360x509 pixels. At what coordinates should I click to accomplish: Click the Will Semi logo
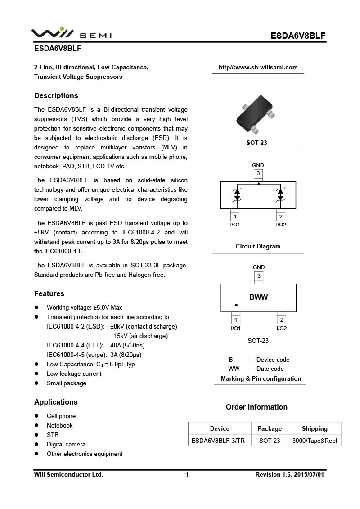tap(71, 34)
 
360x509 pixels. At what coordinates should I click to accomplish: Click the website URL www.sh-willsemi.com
tap(258, 68)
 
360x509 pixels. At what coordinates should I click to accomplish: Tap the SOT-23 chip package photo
tap(255, 115)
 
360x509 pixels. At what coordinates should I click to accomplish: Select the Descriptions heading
tap(56, 95)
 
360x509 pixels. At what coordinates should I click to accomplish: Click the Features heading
tap(49, 293)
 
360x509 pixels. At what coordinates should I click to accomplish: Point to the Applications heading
tap(56, 402)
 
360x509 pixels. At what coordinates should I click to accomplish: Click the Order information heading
tap(256, 407)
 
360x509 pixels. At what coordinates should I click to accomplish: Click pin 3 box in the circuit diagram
tap(258, 173)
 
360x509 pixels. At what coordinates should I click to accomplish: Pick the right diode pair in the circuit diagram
tap(280, 194)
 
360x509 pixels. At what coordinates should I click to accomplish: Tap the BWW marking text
tap(258, 297)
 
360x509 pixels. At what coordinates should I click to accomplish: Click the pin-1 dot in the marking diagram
tap(236, 305)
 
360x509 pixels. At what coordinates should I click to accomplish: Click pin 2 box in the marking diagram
tap(281, 320)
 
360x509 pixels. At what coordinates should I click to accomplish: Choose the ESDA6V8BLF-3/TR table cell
tap(218, 441)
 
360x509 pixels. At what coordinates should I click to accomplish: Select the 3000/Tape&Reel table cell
tap(315, 441)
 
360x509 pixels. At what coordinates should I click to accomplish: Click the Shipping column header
tap(315, 428)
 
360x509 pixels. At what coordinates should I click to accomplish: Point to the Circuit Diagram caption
tap(258, 246)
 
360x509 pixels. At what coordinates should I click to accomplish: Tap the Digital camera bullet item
tap(66, 444)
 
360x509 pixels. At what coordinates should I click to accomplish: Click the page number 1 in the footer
tap(186, 474)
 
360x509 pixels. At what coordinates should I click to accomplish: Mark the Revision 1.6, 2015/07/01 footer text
tap(289, 474)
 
